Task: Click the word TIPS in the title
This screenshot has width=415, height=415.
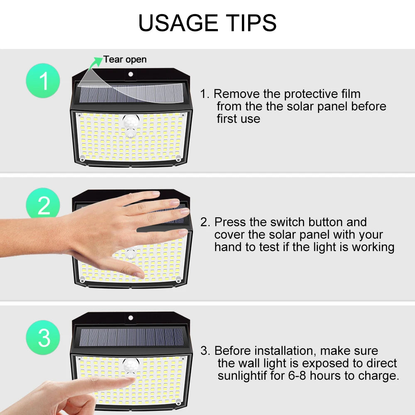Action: (250, 23)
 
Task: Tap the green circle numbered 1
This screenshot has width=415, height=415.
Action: (43, 81)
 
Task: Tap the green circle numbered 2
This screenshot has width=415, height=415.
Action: (43, 205)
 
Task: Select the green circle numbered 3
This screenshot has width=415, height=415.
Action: (43, 337)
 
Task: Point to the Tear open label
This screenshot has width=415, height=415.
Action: (125, 60)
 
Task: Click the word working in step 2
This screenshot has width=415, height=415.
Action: (373, 247)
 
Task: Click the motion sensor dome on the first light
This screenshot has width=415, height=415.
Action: (131, 122)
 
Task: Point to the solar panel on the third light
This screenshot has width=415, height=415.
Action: (132, 337)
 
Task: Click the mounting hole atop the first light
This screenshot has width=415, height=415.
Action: (131, 74)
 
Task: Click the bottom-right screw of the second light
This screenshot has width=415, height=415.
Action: (178, 280)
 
